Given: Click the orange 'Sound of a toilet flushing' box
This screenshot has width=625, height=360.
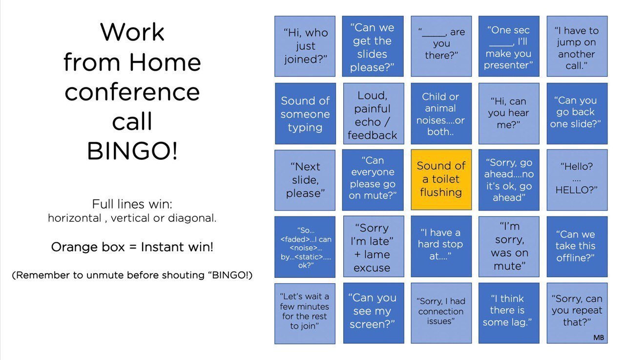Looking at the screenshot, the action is [x=441, y=180].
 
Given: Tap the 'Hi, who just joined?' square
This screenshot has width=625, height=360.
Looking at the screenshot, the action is [x=305, y=46].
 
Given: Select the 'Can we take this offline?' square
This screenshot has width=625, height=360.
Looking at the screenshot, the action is [x=577, y=247].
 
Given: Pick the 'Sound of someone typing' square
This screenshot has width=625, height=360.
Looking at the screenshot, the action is [x=305, y=113].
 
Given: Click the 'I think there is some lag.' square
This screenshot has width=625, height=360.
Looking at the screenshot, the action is [x=509, y=313].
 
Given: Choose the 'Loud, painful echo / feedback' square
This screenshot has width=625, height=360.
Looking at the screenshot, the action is [x=374, y=113].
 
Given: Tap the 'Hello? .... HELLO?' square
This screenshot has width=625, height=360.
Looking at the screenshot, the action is [x=577, y=180].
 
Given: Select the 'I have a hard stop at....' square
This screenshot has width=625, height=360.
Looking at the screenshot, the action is [x=441, y=247].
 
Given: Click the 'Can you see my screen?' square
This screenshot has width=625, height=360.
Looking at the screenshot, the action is [x=374, y=313].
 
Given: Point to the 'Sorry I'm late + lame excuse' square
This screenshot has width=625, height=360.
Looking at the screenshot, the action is [x=374, y=247].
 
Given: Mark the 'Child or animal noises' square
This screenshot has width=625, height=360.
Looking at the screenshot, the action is [x=441, y=113].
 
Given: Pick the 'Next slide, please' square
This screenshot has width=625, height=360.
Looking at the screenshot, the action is [x=305, y=180].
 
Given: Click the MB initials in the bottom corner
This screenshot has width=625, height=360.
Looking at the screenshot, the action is [x=599, y=338].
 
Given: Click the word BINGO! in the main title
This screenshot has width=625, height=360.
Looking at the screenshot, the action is [x=132, y=151].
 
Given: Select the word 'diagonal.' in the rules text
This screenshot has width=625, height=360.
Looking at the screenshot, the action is [x=192, y=218].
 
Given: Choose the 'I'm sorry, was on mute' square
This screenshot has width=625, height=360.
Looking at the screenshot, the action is [x=509, y=247].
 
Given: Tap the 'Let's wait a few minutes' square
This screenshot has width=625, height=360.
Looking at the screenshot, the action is [x=305, y=314].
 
